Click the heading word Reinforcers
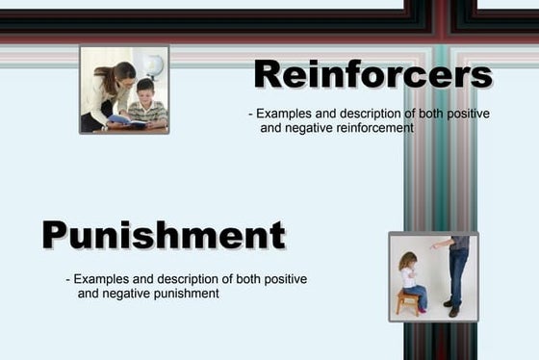click(x=372, y=73)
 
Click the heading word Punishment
click(x=164, y=234)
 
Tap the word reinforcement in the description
click(x=361, y=128)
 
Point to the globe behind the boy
click(x=152, y=65)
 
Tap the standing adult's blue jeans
click(x=458, y=274)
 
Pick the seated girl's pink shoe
click(x=421, y=307)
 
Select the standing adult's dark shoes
click(x=451, y=309)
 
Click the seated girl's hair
click(x=407, y=261)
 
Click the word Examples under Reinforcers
click(x=286, y=114)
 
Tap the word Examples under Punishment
click(x=101, y=279)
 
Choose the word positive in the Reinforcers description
click(x=467, y=114)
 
